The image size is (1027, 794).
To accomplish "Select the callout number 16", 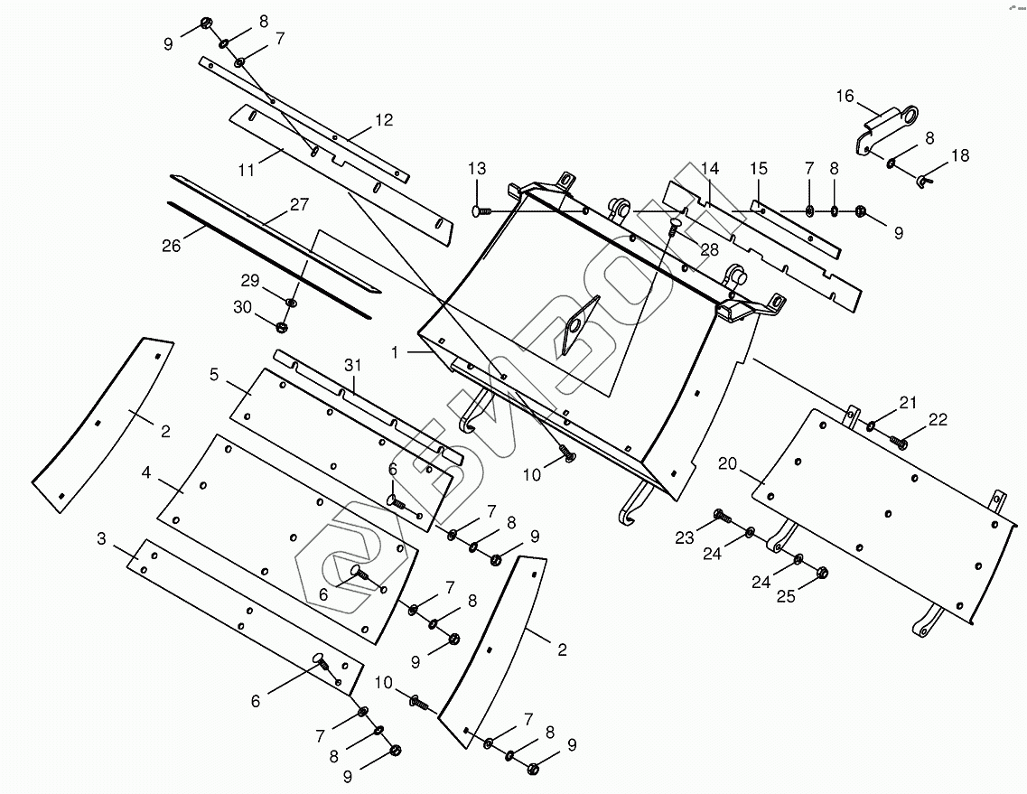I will click(x=845, y=97).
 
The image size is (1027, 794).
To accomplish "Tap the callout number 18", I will click(x=959, y=155).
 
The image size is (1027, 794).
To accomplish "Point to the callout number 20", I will click(x=728, y=464).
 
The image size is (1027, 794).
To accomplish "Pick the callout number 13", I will click(x=477, y=169).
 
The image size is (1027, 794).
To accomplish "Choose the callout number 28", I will click(x=708, y=248).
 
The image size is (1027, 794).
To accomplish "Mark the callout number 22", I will click(x=938, y=418).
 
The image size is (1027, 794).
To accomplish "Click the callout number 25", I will click(x=786, y=596).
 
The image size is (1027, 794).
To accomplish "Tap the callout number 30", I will click(x=243, y=307).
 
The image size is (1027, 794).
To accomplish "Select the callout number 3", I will click(x=101, y=539).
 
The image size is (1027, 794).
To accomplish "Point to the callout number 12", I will click(x=384, y=120).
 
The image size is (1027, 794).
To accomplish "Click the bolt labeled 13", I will click(x=480, y=211).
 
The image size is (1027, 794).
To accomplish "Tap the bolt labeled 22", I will click(x=898, y=441).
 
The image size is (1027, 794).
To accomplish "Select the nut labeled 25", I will click(x=822, y=572).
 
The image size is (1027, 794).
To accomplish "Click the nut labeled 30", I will click(x=281, y=326).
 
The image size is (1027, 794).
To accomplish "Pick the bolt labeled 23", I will click(x=720, y=516).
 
